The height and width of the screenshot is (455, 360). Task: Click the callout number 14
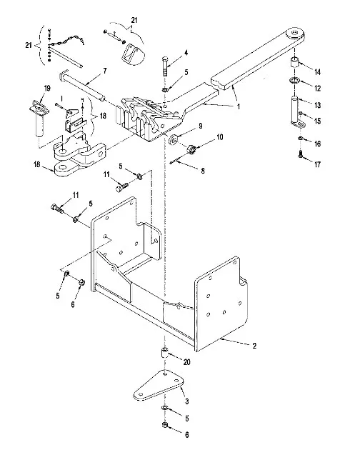coord(318,72)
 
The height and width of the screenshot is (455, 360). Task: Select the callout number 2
coord(254,346)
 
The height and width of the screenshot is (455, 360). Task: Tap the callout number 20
coord(187,362)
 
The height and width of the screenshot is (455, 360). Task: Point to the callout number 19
coord(47,88)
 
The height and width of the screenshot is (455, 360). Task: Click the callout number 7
coord(105,71)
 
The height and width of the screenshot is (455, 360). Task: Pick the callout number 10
coord(220,136)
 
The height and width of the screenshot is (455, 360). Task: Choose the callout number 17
coord(318,164)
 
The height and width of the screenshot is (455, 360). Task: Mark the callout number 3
coord(187,401)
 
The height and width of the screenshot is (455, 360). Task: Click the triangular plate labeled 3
coord(159,385)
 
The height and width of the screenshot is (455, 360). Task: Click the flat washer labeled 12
coord(295,80)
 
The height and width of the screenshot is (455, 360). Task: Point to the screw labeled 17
coord(301,154)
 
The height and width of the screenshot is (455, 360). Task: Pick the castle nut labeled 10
coord(191,149)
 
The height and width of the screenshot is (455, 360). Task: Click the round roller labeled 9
coord(174,139)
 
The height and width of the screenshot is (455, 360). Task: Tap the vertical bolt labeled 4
coord(164,66)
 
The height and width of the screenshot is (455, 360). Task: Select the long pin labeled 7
coord(82,86)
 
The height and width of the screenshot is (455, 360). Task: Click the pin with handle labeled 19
coord(39,117)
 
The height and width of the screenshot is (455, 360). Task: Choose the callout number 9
coord(201,126)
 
